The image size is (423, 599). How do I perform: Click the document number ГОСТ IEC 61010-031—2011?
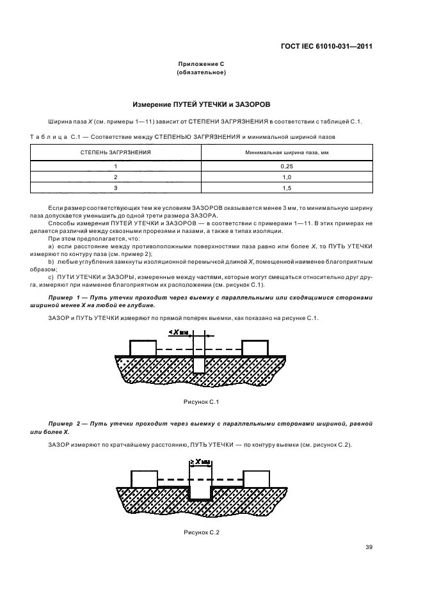[x=326, y=46]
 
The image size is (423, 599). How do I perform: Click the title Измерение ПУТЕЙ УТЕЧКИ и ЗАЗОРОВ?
[x=201, y=104]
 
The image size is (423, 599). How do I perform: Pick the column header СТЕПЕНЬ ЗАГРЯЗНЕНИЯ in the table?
[x=115, y=153]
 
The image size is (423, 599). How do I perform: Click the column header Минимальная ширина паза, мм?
[x=287, y=153]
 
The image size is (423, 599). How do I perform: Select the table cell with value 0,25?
[x=287, y=166]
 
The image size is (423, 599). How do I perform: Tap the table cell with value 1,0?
[x=287, y=177]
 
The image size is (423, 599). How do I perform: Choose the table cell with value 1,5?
[x=287, y=188]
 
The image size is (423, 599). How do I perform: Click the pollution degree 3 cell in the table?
[x=115, y=188]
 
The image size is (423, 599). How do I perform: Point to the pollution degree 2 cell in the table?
[x=115, y=177]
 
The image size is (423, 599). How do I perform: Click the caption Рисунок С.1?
[x=202, y=401]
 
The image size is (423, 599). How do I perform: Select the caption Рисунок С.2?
[x=202, y=532]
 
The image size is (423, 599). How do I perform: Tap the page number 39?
[x=369, y=547]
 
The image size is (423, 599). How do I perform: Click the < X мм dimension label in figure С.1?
[x=180, y=332]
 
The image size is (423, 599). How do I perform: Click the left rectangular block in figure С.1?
[x=143, y=348]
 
